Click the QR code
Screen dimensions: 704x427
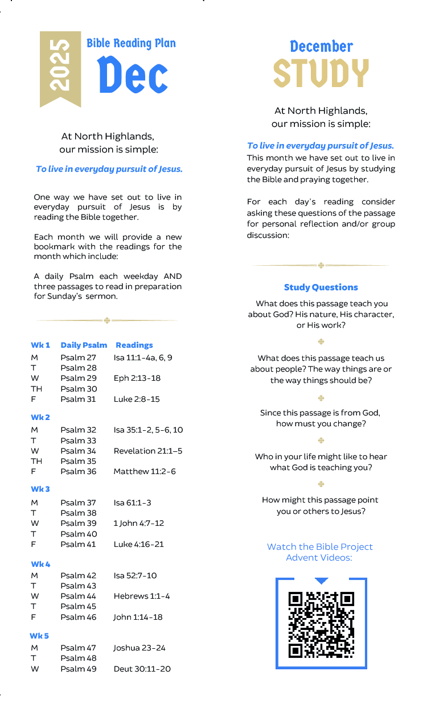click(x=321, y=625)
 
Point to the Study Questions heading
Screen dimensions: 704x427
click(x=321, y=287)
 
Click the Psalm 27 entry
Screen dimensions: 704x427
click(x=79, y=357)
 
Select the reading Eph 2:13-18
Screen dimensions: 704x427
click(x=137, y=378)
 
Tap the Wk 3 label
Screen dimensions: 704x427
click(x=40, y=489)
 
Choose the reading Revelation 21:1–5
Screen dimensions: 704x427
click(x=148, y=451)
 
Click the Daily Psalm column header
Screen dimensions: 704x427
click(x=84, y=345)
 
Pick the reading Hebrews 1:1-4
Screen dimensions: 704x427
click(x=142, y=596)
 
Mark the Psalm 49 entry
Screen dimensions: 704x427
click(x=79, y=669)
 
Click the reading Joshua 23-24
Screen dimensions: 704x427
click(x=139, y=648)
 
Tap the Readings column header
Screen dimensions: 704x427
click(x=134, y=345)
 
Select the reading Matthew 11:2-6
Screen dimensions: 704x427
click(x=145, y=471)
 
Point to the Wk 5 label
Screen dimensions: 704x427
click(x=39, y=636)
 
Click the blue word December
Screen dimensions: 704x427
click(x=321, y=46)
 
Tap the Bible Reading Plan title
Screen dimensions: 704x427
click(x=131, y=43)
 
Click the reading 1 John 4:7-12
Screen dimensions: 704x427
click(x=138, y=523)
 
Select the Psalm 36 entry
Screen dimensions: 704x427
click(x=79, y=471)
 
